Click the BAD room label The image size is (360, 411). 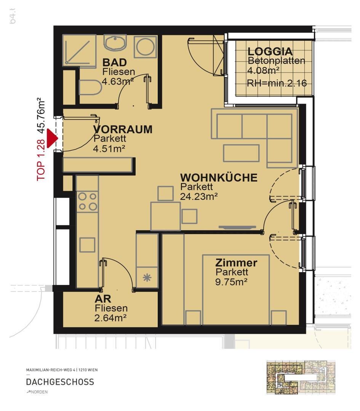(114, 62)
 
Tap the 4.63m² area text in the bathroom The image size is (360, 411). (118, 81)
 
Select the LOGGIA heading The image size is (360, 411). (270, 52)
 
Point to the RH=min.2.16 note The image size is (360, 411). (277, 83)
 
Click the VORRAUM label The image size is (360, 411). (123, 129)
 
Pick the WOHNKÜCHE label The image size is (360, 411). (219, 177)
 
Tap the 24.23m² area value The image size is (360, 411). (199, 196)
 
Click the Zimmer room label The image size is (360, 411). (236, 263)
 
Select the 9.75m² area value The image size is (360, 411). (231, 282)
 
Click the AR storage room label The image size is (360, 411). (103, 299)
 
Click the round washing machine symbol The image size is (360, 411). (146, 47)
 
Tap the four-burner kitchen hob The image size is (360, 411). (87, 202)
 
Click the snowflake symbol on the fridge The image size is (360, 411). (147, 277)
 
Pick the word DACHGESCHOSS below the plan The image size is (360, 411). (60, 382)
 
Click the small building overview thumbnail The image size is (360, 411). (301, 377)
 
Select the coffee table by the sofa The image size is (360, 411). (241, 153)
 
